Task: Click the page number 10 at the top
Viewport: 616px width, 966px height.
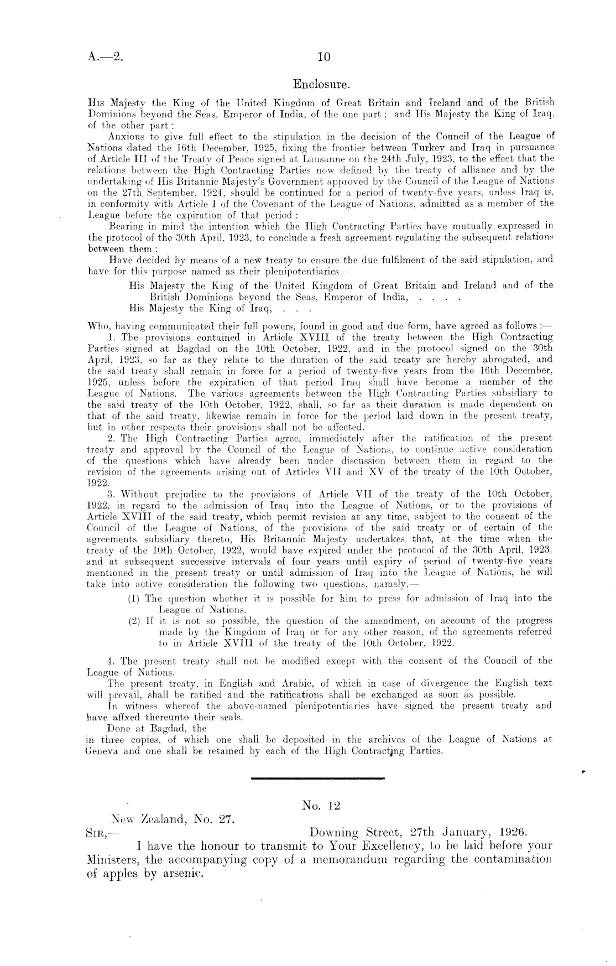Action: point(323,56)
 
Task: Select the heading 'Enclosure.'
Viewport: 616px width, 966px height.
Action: point(321,85)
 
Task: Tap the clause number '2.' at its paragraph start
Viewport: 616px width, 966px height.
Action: point(111,438)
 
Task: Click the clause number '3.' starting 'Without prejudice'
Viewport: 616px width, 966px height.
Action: point(111,494)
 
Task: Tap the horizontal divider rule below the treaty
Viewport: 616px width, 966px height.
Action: point(317,779)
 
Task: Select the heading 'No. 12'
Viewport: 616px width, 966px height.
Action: point(321,806)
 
